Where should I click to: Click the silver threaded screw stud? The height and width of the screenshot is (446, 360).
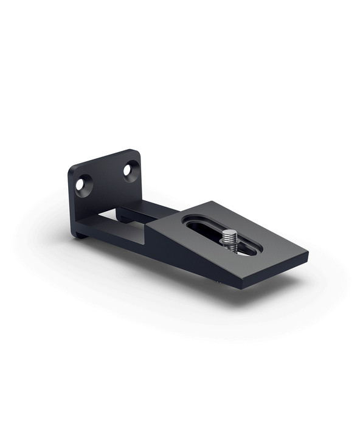229,240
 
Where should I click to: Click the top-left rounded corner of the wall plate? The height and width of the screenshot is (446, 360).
71,167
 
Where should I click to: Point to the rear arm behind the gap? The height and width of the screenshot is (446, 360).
146,211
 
